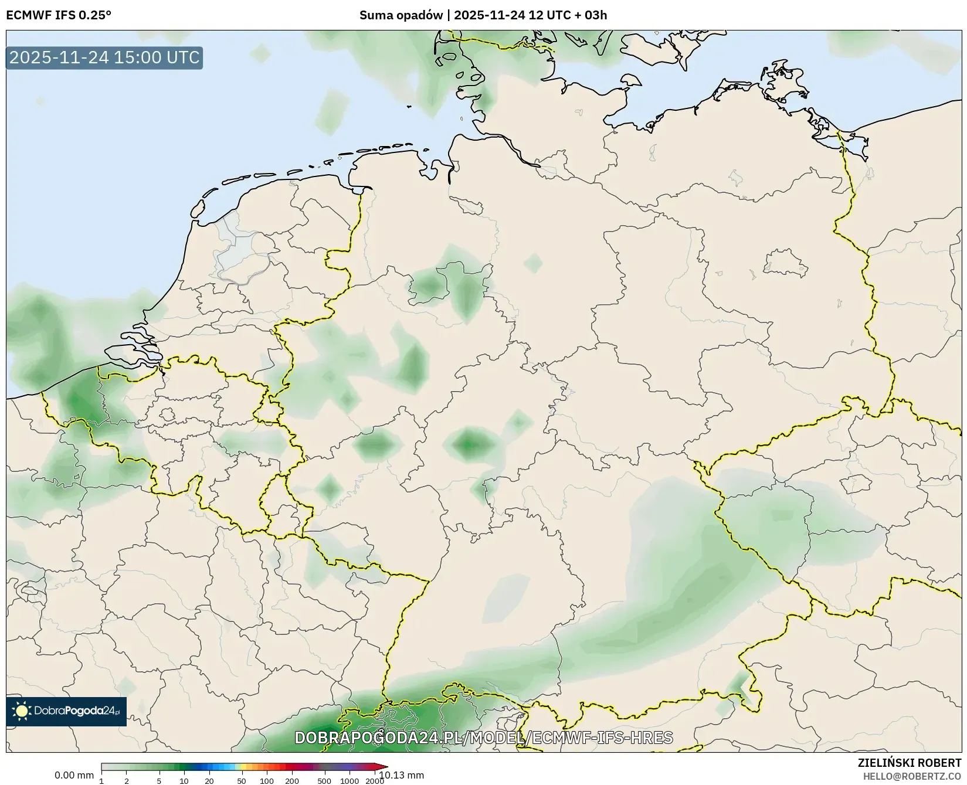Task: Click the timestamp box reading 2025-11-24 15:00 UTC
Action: point(104,57)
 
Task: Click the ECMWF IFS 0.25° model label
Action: point(59,15)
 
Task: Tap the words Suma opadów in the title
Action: point(401,15)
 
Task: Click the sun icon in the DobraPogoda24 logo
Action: point(22,711)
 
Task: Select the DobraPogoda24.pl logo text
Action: point(76,711)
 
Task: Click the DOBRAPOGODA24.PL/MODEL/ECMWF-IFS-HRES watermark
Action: point(483,738)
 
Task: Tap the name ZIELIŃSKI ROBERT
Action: point(909,763)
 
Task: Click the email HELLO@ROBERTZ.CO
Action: point(911,776)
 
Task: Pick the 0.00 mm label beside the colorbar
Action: point(74,775)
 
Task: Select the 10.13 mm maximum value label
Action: point(402,775)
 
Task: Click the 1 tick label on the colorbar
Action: point(101,781)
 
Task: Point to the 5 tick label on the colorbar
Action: point(159,781)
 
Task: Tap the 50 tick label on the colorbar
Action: point(241,781)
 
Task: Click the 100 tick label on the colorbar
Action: point(267,781)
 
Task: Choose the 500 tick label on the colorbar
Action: point(324,781)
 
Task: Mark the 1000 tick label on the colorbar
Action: point(350,781)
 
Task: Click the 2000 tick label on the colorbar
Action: point(375,781)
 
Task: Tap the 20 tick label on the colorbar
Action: point(209,781)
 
